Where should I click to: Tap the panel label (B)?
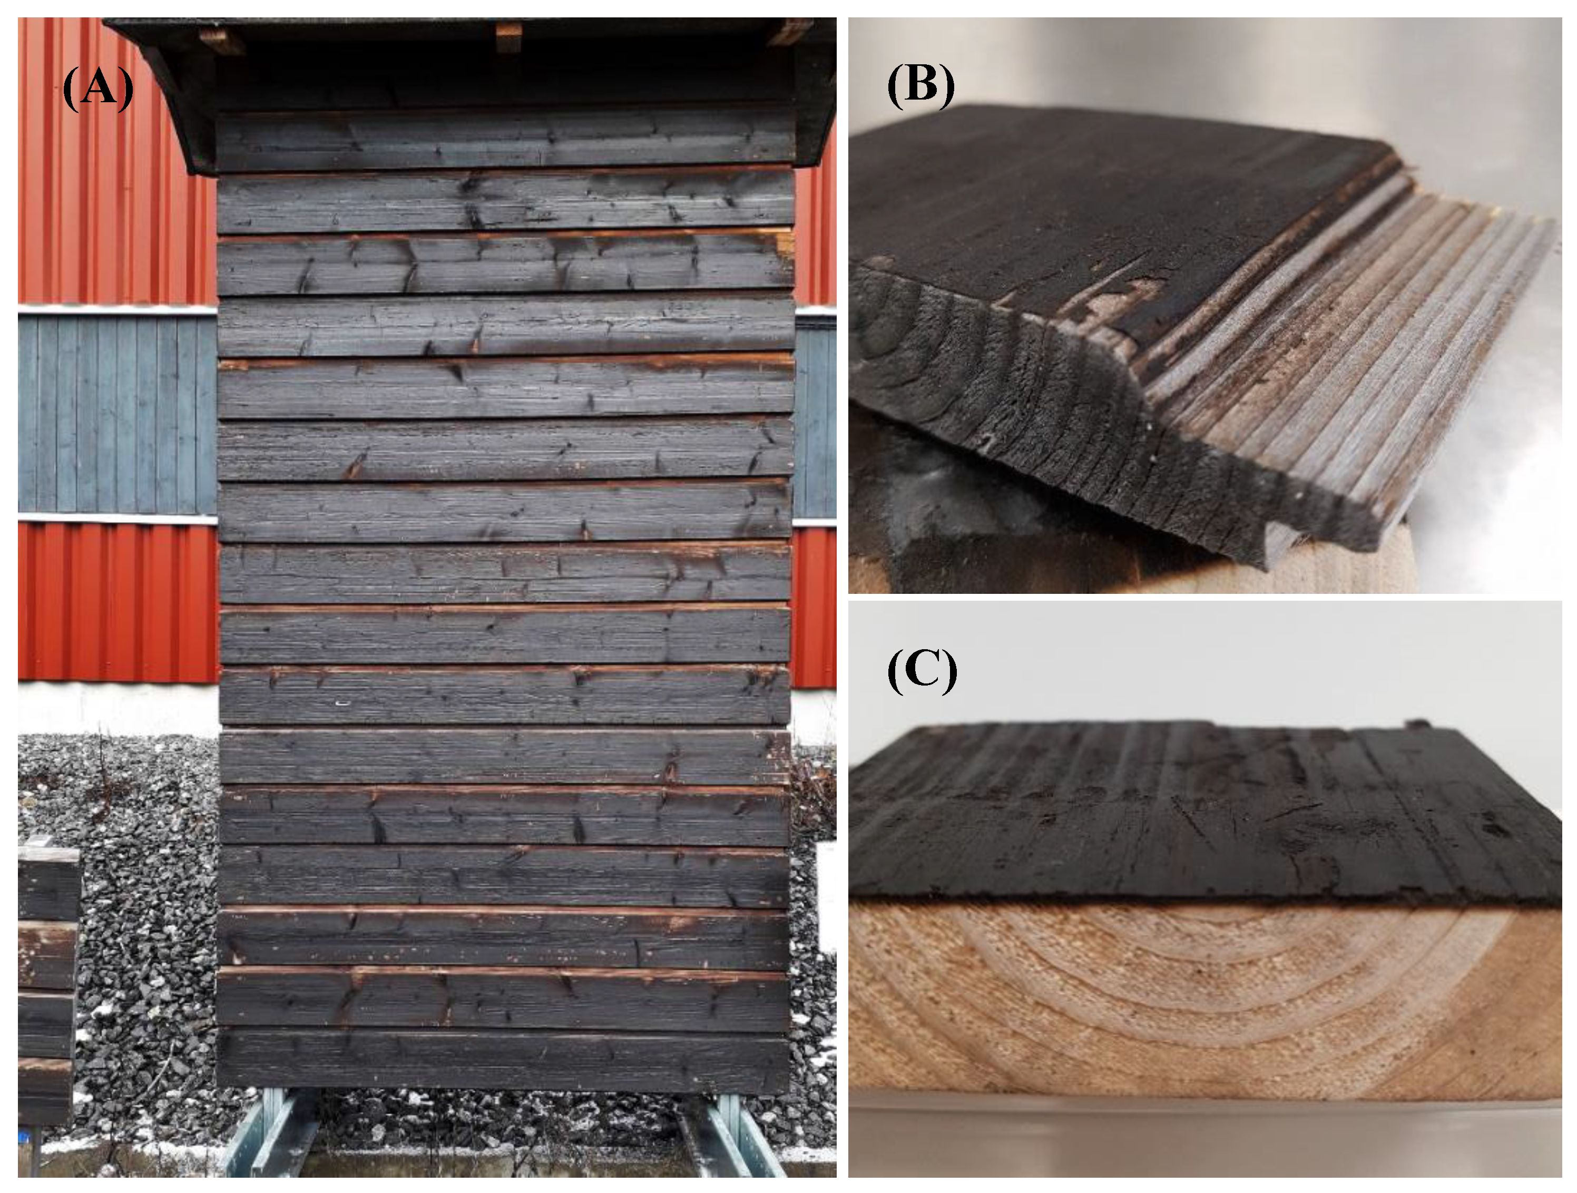(920, 85)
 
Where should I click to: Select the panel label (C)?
(922, 672)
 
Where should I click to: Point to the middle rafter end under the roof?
(508, 36)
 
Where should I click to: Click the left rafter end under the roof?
(222, 41)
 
